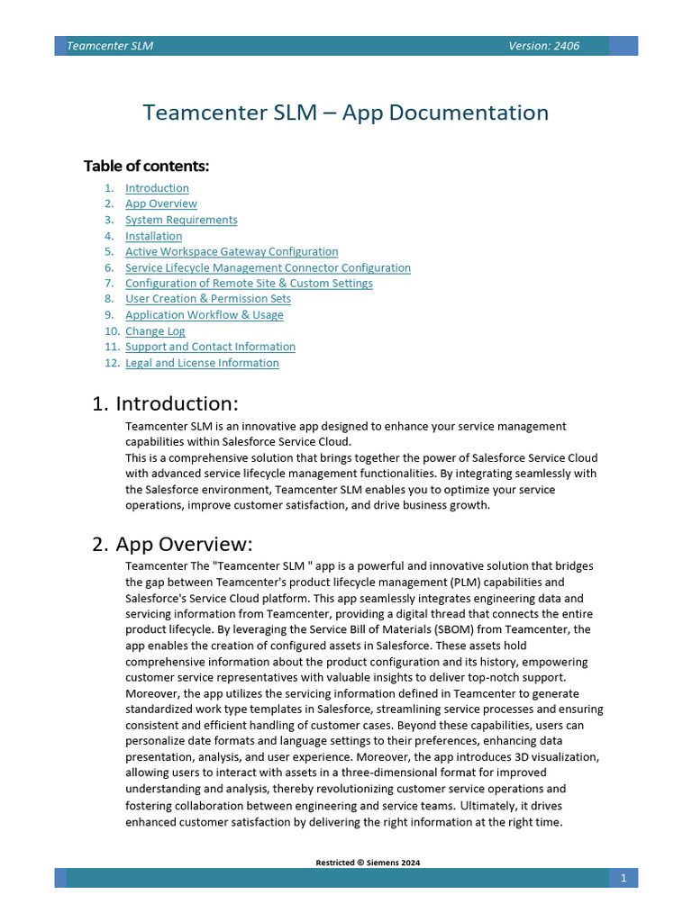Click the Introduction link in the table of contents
[x=157, y=188]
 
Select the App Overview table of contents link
[x=160, y=204]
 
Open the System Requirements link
[x=181, y=220]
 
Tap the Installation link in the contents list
[x=153, y=236]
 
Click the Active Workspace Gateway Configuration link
[x=232, y=252]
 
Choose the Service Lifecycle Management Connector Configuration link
[x=268, y=268]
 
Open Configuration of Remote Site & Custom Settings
[x=249, y=284]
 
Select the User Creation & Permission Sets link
[x=207, y=299]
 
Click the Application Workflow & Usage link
[x=204, y=315]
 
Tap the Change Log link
[x=155, y=331]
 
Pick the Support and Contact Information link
[x=210, y=347]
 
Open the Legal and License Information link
[x=202, y=363]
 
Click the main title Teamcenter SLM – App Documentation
[x=346, y=113]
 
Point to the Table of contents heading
[x=146, y=166]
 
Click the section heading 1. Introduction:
[x=165, y=403]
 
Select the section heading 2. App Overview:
[x=172, y=545]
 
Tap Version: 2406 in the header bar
[x=543, y=46]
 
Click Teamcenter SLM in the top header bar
[x=110, y=46]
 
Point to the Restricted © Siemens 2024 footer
[x=368, y=863]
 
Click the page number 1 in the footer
[x=624, y=878]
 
